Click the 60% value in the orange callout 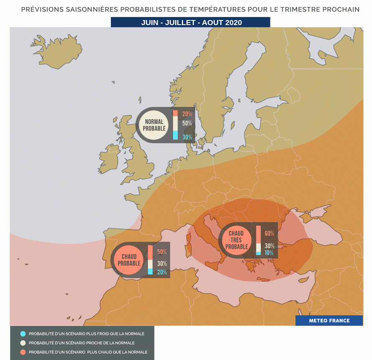(x=269, y=233)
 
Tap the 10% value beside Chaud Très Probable (x=269, y=253)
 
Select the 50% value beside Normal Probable (x=187, y=123)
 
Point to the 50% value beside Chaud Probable (x=162, y=252)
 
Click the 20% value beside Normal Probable (x=187, y=114)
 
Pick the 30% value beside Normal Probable (x=187, y=137)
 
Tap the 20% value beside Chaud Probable (x=162, y=272)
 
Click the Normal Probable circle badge (x=154, y=125)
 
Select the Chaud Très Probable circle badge (x=237, y=240)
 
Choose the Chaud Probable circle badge (x=129, y=260)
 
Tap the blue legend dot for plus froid (x=23, y=334)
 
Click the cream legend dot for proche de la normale (x=23, y=343)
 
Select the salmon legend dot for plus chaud (x=23, y=352)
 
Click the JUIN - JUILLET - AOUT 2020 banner (x=191, y=23)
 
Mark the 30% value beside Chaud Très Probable (x=269, y=246)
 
